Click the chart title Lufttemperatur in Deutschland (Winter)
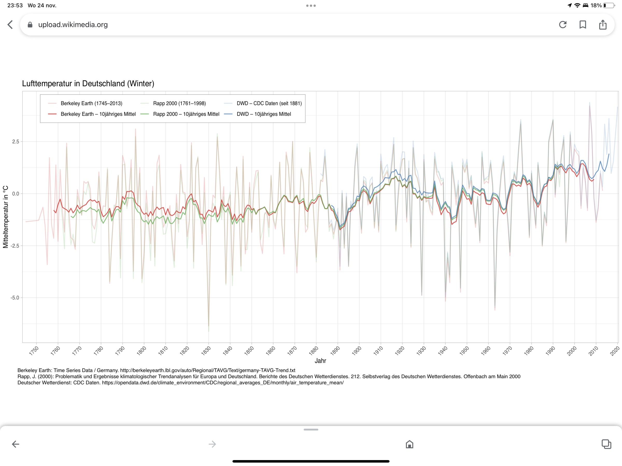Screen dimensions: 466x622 point(88,83)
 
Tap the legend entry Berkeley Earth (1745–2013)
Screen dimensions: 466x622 point(91,103)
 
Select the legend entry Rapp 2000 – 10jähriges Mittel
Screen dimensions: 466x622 point(186,114)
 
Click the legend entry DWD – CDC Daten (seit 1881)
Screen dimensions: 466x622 point(269,103)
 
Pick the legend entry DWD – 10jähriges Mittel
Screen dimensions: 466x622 point(264,114)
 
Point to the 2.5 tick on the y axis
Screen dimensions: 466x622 point(16,142)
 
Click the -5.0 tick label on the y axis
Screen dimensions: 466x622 point(15,298)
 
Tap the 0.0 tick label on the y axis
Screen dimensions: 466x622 point(16,194)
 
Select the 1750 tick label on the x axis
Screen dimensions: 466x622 point(34,350)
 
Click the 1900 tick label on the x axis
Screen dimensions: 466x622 point(357,350)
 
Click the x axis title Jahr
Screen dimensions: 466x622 point(320,361)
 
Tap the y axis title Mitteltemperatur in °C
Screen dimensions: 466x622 point(6,217)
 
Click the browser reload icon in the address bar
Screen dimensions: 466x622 point(563,25)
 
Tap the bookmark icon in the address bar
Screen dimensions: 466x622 point(583,25)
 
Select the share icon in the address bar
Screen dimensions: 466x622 point(603,25)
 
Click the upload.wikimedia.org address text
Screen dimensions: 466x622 point(73,25)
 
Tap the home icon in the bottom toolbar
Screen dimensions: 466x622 point(409,444)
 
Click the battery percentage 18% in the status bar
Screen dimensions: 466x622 point(596,5)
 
